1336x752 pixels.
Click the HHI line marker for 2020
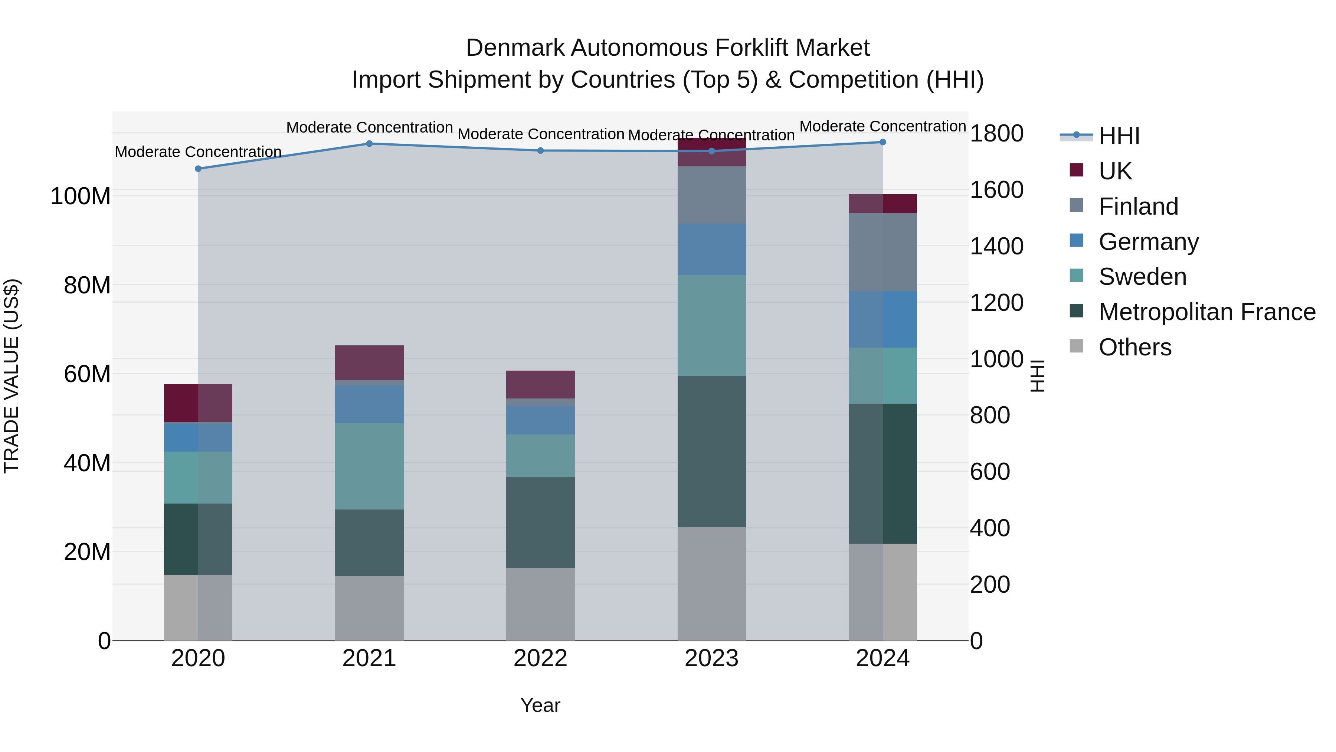point(198,169)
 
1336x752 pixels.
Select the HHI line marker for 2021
point(369,144)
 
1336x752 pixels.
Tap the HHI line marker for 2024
point(883,142)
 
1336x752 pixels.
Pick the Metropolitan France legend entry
point(1206,312)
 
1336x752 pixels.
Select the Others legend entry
point(1135,347)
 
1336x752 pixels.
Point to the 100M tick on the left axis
point(81,197)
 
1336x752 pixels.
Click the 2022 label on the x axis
point(540,658)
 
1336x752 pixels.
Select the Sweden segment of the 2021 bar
point(369,466)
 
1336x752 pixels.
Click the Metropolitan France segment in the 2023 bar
point(711,452)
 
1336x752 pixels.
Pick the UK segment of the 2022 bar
point(540,385)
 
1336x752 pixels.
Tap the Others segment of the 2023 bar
point(711,584)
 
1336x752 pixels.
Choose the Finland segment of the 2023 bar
point(711,195)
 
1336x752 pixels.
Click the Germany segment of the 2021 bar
point(369,404)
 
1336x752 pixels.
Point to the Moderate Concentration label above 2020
point(198,152)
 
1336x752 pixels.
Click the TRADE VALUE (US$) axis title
point(12,376)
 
